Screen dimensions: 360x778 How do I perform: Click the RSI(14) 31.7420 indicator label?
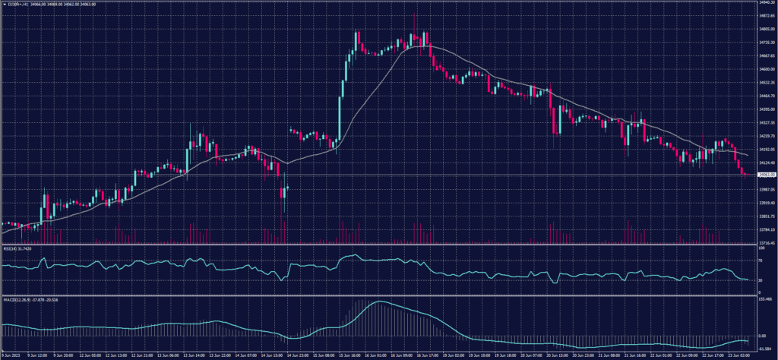[17, 248]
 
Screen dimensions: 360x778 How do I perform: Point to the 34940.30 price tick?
[765, 2]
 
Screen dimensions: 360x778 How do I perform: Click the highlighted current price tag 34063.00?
[765, 175]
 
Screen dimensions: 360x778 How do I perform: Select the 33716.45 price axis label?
[765, 242]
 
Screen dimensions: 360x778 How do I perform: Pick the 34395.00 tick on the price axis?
[765, 109]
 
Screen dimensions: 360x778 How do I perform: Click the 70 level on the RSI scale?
[761, 261]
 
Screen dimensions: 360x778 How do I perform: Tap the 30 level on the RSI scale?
[761, 279]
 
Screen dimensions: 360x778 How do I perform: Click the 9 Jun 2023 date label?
[11, 355]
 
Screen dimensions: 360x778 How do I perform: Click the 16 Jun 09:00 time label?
[403, 355]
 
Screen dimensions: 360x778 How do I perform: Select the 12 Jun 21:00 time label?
[144, 355]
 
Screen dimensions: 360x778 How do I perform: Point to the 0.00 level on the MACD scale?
[762, 335]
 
